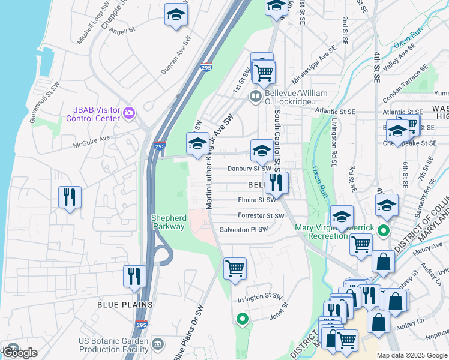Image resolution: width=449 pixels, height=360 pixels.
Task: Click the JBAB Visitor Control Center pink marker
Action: click(128, 113)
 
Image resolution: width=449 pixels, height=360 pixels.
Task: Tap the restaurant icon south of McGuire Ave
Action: click(70, 197)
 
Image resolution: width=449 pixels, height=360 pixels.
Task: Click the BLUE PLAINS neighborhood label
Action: click(125, 305)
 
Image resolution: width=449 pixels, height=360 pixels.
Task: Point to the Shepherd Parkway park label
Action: click(168, 223)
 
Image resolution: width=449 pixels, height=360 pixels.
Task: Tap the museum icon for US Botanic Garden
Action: click(157, 344)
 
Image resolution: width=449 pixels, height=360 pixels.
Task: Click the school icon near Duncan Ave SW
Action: click(176, 14)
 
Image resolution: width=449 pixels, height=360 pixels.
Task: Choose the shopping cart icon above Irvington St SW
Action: click(235, 268)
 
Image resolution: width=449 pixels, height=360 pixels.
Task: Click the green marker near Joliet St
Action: click(242, 319)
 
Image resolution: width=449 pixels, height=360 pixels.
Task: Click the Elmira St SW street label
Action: click(256, 200)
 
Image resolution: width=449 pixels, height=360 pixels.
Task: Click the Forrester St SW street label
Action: click(261, 215)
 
